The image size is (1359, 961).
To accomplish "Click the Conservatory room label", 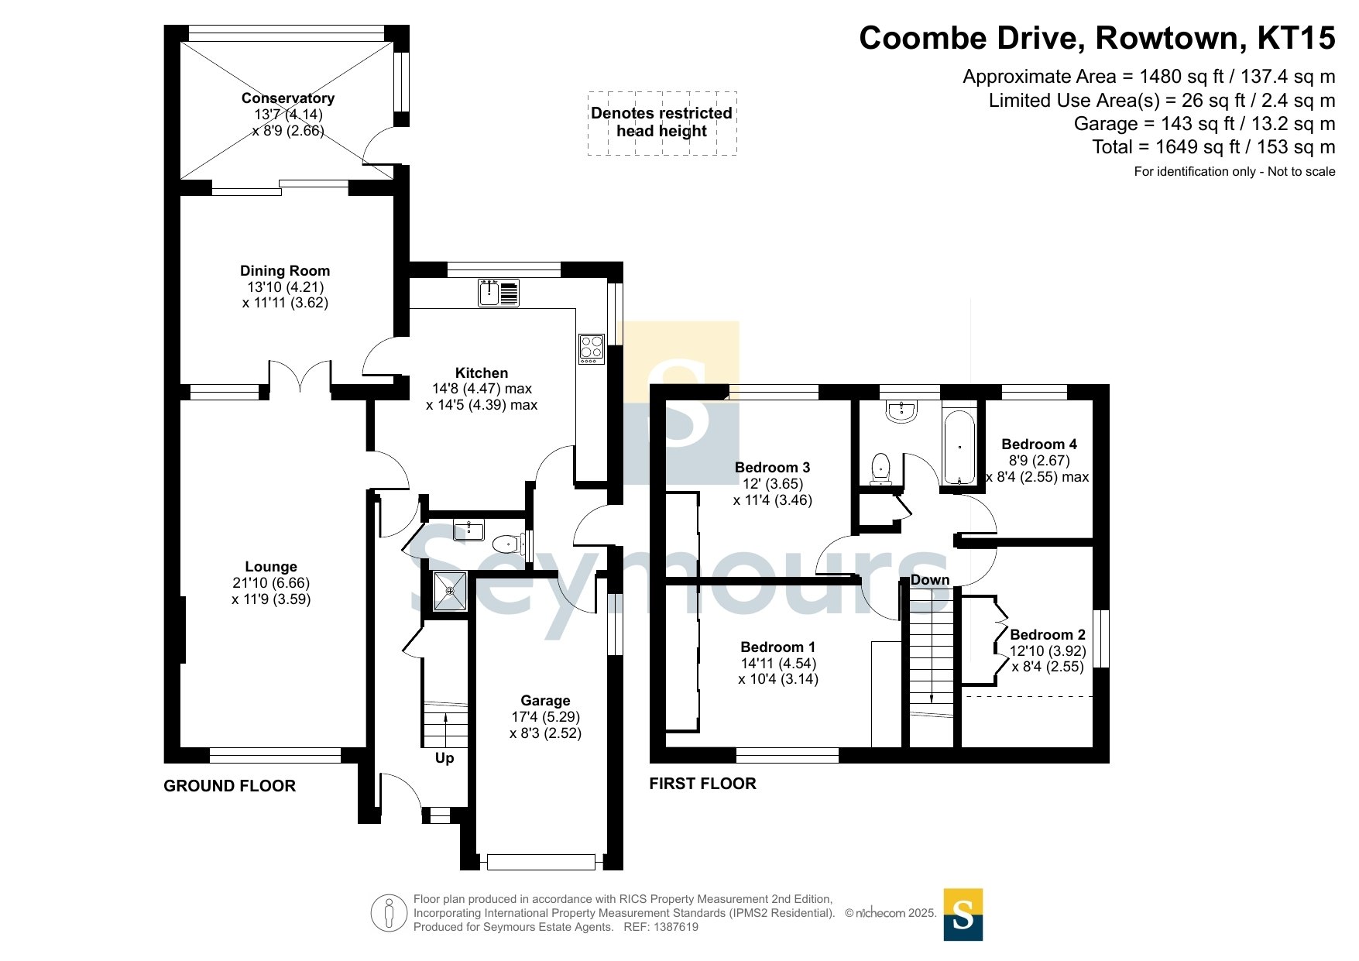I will tap(287, 98).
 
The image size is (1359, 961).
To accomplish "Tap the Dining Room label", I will tap(285, 271).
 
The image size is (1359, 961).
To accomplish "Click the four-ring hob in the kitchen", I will tap(591, 348).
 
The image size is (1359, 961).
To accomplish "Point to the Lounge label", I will tap(271, 567).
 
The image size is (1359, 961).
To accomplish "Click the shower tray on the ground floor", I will tap(449, 592).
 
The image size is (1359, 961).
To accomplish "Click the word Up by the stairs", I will tap(444, 758).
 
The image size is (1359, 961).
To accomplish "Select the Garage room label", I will tap(545, 701).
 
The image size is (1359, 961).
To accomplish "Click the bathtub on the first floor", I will tap(959, 448).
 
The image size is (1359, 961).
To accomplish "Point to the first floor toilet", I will tap(880, 468).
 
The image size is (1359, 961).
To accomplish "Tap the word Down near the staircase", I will tap(930, 580).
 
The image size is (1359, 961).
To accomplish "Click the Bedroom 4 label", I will tap(1039, 444).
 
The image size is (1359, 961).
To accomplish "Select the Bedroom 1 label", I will tap(777, 647).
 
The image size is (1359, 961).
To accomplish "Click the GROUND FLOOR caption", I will tap(230, 786).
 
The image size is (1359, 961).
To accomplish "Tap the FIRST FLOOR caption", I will tap(702, 784).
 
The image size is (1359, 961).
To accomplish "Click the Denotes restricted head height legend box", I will tap(661, 122).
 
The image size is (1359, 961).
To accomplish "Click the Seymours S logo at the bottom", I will tap(963, 915).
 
